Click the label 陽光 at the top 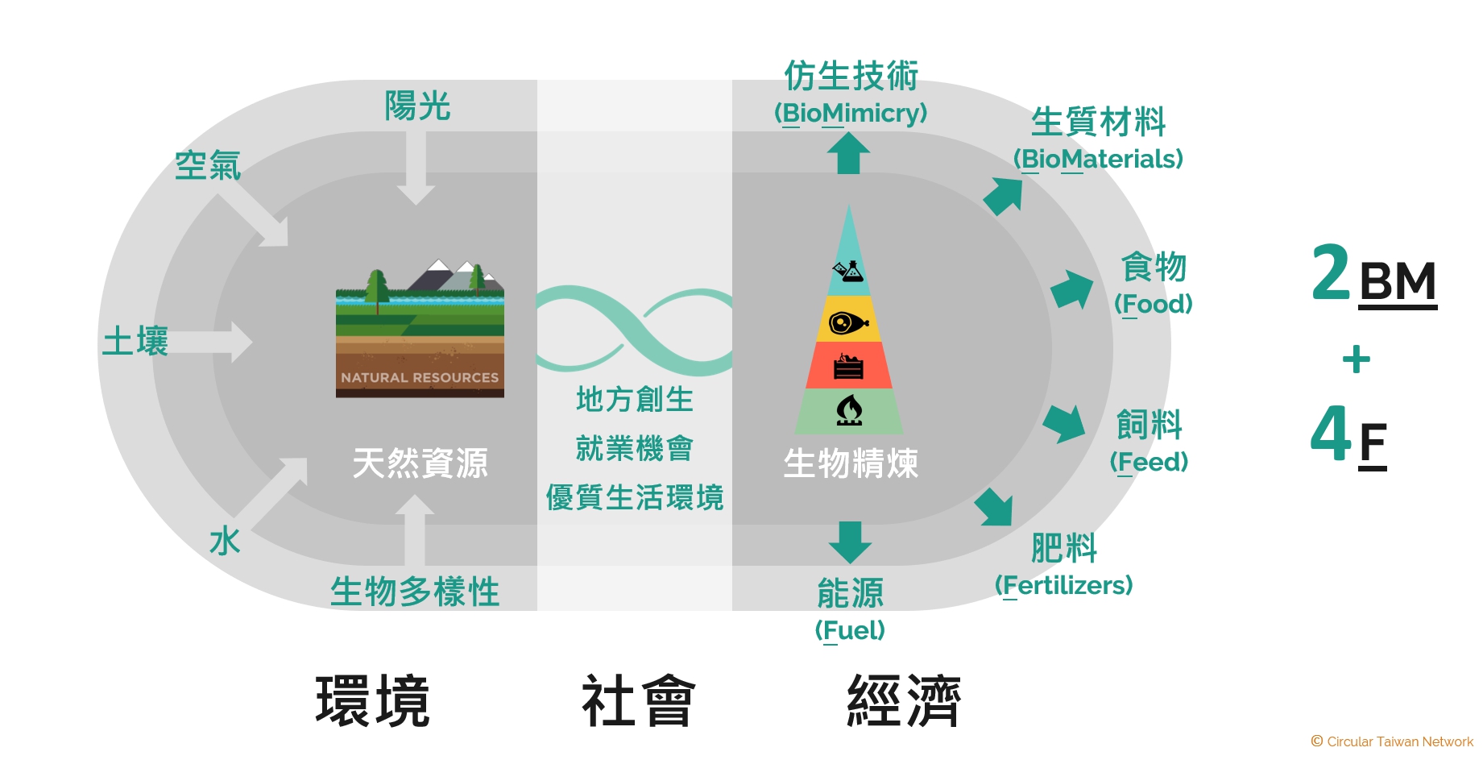click(416, 106)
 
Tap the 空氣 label click(208, 166)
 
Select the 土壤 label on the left click(135, 342)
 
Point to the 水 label click(225, 542)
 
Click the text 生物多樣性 click(415, 592)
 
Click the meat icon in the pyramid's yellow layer click(848, 323)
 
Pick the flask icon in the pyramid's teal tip click(848, 271)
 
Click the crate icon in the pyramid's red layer click(848, 367)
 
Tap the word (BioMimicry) click(851, 114)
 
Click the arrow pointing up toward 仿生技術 click(848, 153)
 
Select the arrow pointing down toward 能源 click(850, 542)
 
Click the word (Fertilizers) click(1064, 585)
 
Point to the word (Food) click(1153, 305)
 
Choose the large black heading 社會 click(638, 701)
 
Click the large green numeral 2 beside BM click(1331, 273)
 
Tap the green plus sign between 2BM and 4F click(1357, 359)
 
